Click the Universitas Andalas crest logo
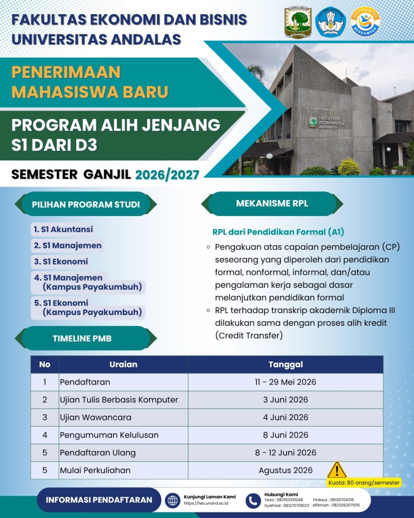pos(298,22)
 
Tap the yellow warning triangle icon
pos(337,470)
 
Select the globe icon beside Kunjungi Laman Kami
pos(173,500)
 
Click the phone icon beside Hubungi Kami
pos(253,500)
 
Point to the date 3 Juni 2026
pos(286,400)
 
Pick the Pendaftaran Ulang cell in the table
pos(98,453)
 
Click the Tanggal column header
pos(286,364)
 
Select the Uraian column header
pos(123,364)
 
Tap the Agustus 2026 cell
pos(286,470)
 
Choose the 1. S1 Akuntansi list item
pos(63,230)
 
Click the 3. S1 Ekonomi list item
pos(61,262)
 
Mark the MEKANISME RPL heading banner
pos(272,204)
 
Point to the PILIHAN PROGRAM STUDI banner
pos(86,205)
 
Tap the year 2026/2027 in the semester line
pos(167,175)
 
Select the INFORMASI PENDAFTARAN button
pos(99,500)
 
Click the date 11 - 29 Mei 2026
pos(286,382)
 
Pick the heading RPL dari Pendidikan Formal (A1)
pos(278,232)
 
